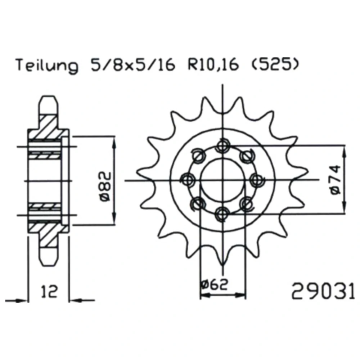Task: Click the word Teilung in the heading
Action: pyautogui.click(x=47, y=65)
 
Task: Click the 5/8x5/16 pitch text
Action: pyautogui.click(x=133, y=64)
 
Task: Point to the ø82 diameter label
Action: pyautogui.click(x=105, y=186)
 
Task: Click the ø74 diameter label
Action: pyautogui.click(x=336, y=180)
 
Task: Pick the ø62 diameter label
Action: pyautogui.click(x=214, y=285)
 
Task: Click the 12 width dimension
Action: pyautogui.click(x=49, y=291)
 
